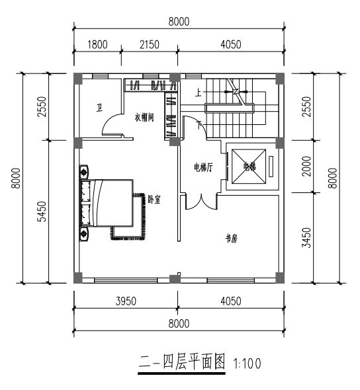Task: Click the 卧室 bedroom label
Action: click(x=154, y=200)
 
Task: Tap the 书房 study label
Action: click(x=232, y=239)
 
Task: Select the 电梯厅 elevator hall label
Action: click(x=203, y=167)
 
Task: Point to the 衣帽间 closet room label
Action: click(x=144, y=117)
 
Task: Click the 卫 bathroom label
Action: click(x=99, y=108)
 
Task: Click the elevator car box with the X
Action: click(x=249, y=167)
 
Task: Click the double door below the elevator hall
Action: click(x=201, y=203)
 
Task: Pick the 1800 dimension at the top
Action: click(x=97, y=44)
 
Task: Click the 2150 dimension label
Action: click(x=150, y=44)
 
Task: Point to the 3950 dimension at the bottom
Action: click(x=126, y=301)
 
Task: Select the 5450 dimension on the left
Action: click(x=42, y=212)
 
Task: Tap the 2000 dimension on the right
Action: click(x=306, y=166)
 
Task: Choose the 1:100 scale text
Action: click(x=247, y=364)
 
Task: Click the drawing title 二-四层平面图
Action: click(x=182, y=362)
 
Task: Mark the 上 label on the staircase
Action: click(x=199, y=93)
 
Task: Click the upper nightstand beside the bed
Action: click(x=84, y=171)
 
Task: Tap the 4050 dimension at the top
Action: click(x=231, y=44)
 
